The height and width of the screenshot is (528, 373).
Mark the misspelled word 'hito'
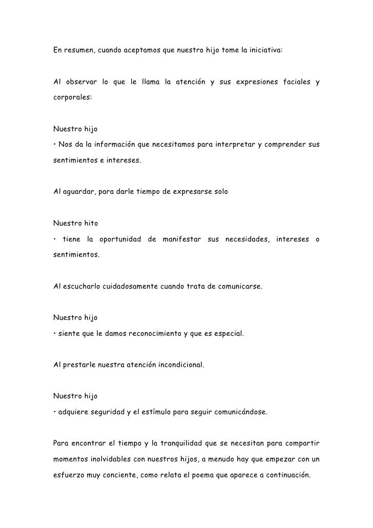pos(90,223)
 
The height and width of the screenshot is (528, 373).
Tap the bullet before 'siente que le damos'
pos(54,334)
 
